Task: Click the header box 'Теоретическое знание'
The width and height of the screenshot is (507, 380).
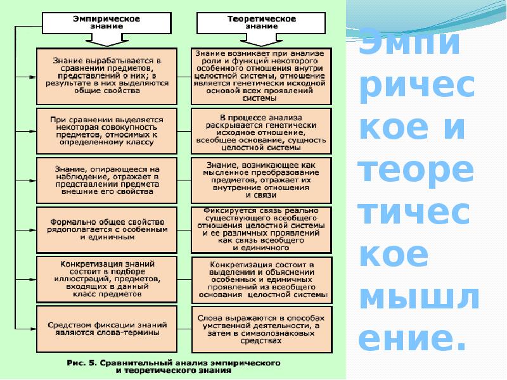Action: [261, 23]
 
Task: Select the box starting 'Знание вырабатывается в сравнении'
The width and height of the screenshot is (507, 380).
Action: [106, 75]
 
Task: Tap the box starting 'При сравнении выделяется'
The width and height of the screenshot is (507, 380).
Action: [106, 131]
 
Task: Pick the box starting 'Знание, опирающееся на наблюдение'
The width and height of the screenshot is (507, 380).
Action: [106, 180]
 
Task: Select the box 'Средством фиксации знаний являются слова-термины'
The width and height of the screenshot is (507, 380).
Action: [106, 327]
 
